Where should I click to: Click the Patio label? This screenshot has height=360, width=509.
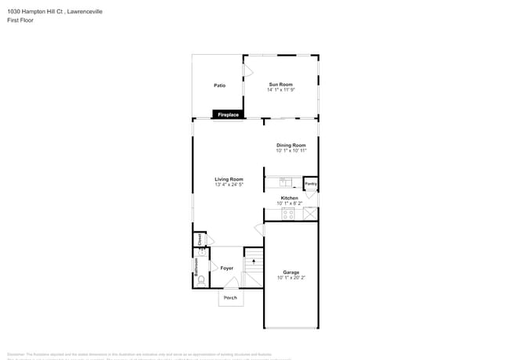(220, 85)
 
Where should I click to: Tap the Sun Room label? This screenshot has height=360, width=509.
(280, 85)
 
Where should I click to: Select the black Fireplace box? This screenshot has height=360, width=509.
(228, 115)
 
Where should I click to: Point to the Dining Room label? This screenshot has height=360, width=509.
(291, 146)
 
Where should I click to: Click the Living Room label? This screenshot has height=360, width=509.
(229, 179)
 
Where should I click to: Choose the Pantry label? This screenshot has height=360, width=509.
(310, 184)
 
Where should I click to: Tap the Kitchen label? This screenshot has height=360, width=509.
(290, 198)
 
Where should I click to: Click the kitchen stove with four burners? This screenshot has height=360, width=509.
(288, 213)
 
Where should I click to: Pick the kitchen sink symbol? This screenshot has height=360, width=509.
(286, 184)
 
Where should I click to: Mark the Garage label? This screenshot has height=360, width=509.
(291, 272)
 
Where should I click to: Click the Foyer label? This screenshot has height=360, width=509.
(227, 268)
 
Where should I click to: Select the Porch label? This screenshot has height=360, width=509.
(230, 298)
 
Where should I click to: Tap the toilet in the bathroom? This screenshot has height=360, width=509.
(201, 279)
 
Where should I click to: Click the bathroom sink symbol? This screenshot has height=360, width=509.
(200, 254)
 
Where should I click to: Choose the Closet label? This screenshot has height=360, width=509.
(200, 239)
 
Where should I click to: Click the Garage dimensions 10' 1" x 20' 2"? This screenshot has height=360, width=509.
(291, 278)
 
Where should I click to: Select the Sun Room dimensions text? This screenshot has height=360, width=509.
(280, 90)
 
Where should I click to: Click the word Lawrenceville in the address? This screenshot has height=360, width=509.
(85, 12)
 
